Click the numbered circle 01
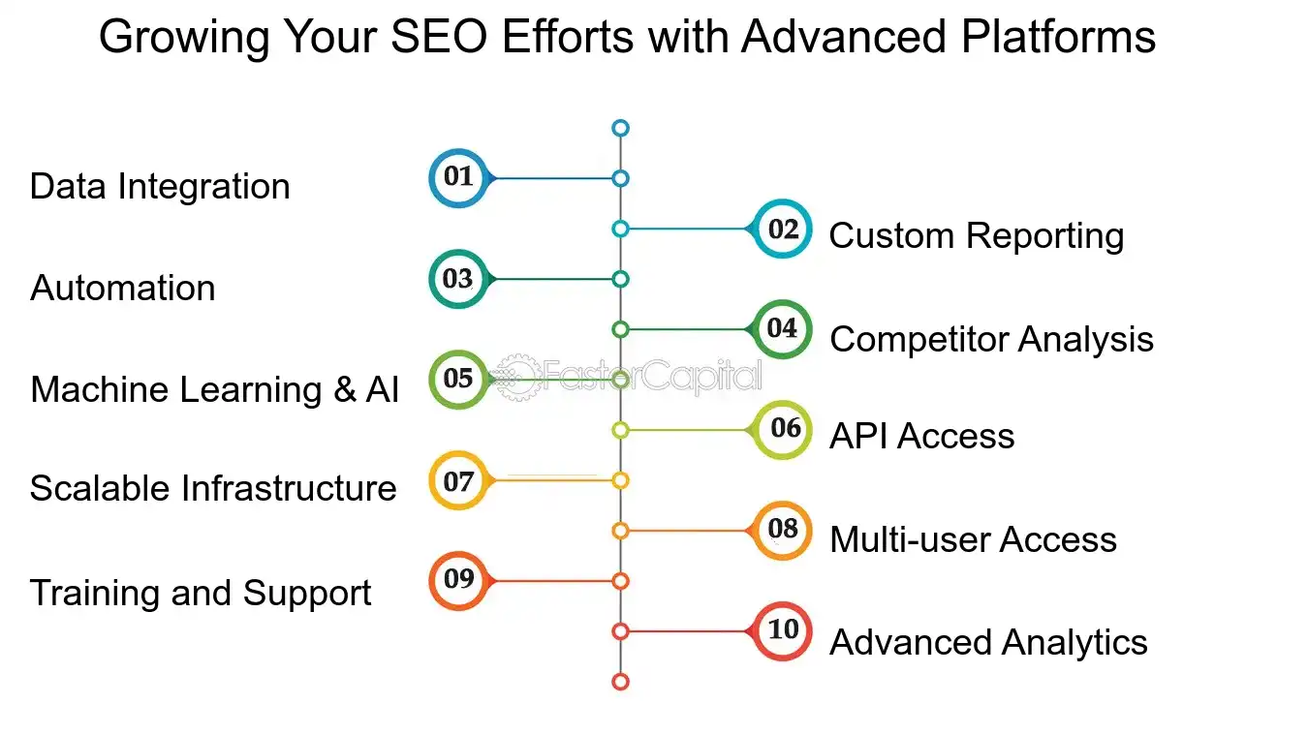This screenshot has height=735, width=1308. coord(457,178)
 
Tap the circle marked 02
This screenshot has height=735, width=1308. coord(783,229)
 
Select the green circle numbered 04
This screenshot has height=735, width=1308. coord(783,329)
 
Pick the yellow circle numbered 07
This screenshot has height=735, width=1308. coord(457,480)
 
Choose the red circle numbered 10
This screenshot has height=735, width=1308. coord(783,631)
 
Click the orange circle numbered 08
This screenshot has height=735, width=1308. coord(783,531)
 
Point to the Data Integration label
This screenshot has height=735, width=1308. coord(160,186)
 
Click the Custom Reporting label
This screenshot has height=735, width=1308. coord(977,235)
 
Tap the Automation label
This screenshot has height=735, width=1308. coord(123,288)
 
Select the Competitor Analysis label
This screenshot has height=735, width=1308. coord(991,339)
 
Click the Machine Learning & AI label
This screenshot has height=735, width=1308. coord(214,389)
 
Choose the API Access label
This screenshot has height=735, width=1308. coord(921,436)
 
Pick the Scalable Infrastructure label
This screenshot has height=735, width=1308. coord(213,488)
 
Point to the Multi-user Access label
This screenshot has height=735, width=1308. coord(973,539)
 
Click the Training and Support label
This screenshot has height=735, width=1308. coord(201,593)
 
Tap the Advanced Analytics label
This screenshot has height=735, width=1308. coord(988,642)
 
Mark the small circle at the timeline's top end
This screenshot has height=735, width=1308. coord(621,128)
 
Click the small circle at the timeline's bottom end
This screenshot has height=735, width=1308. coord(621,682)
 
